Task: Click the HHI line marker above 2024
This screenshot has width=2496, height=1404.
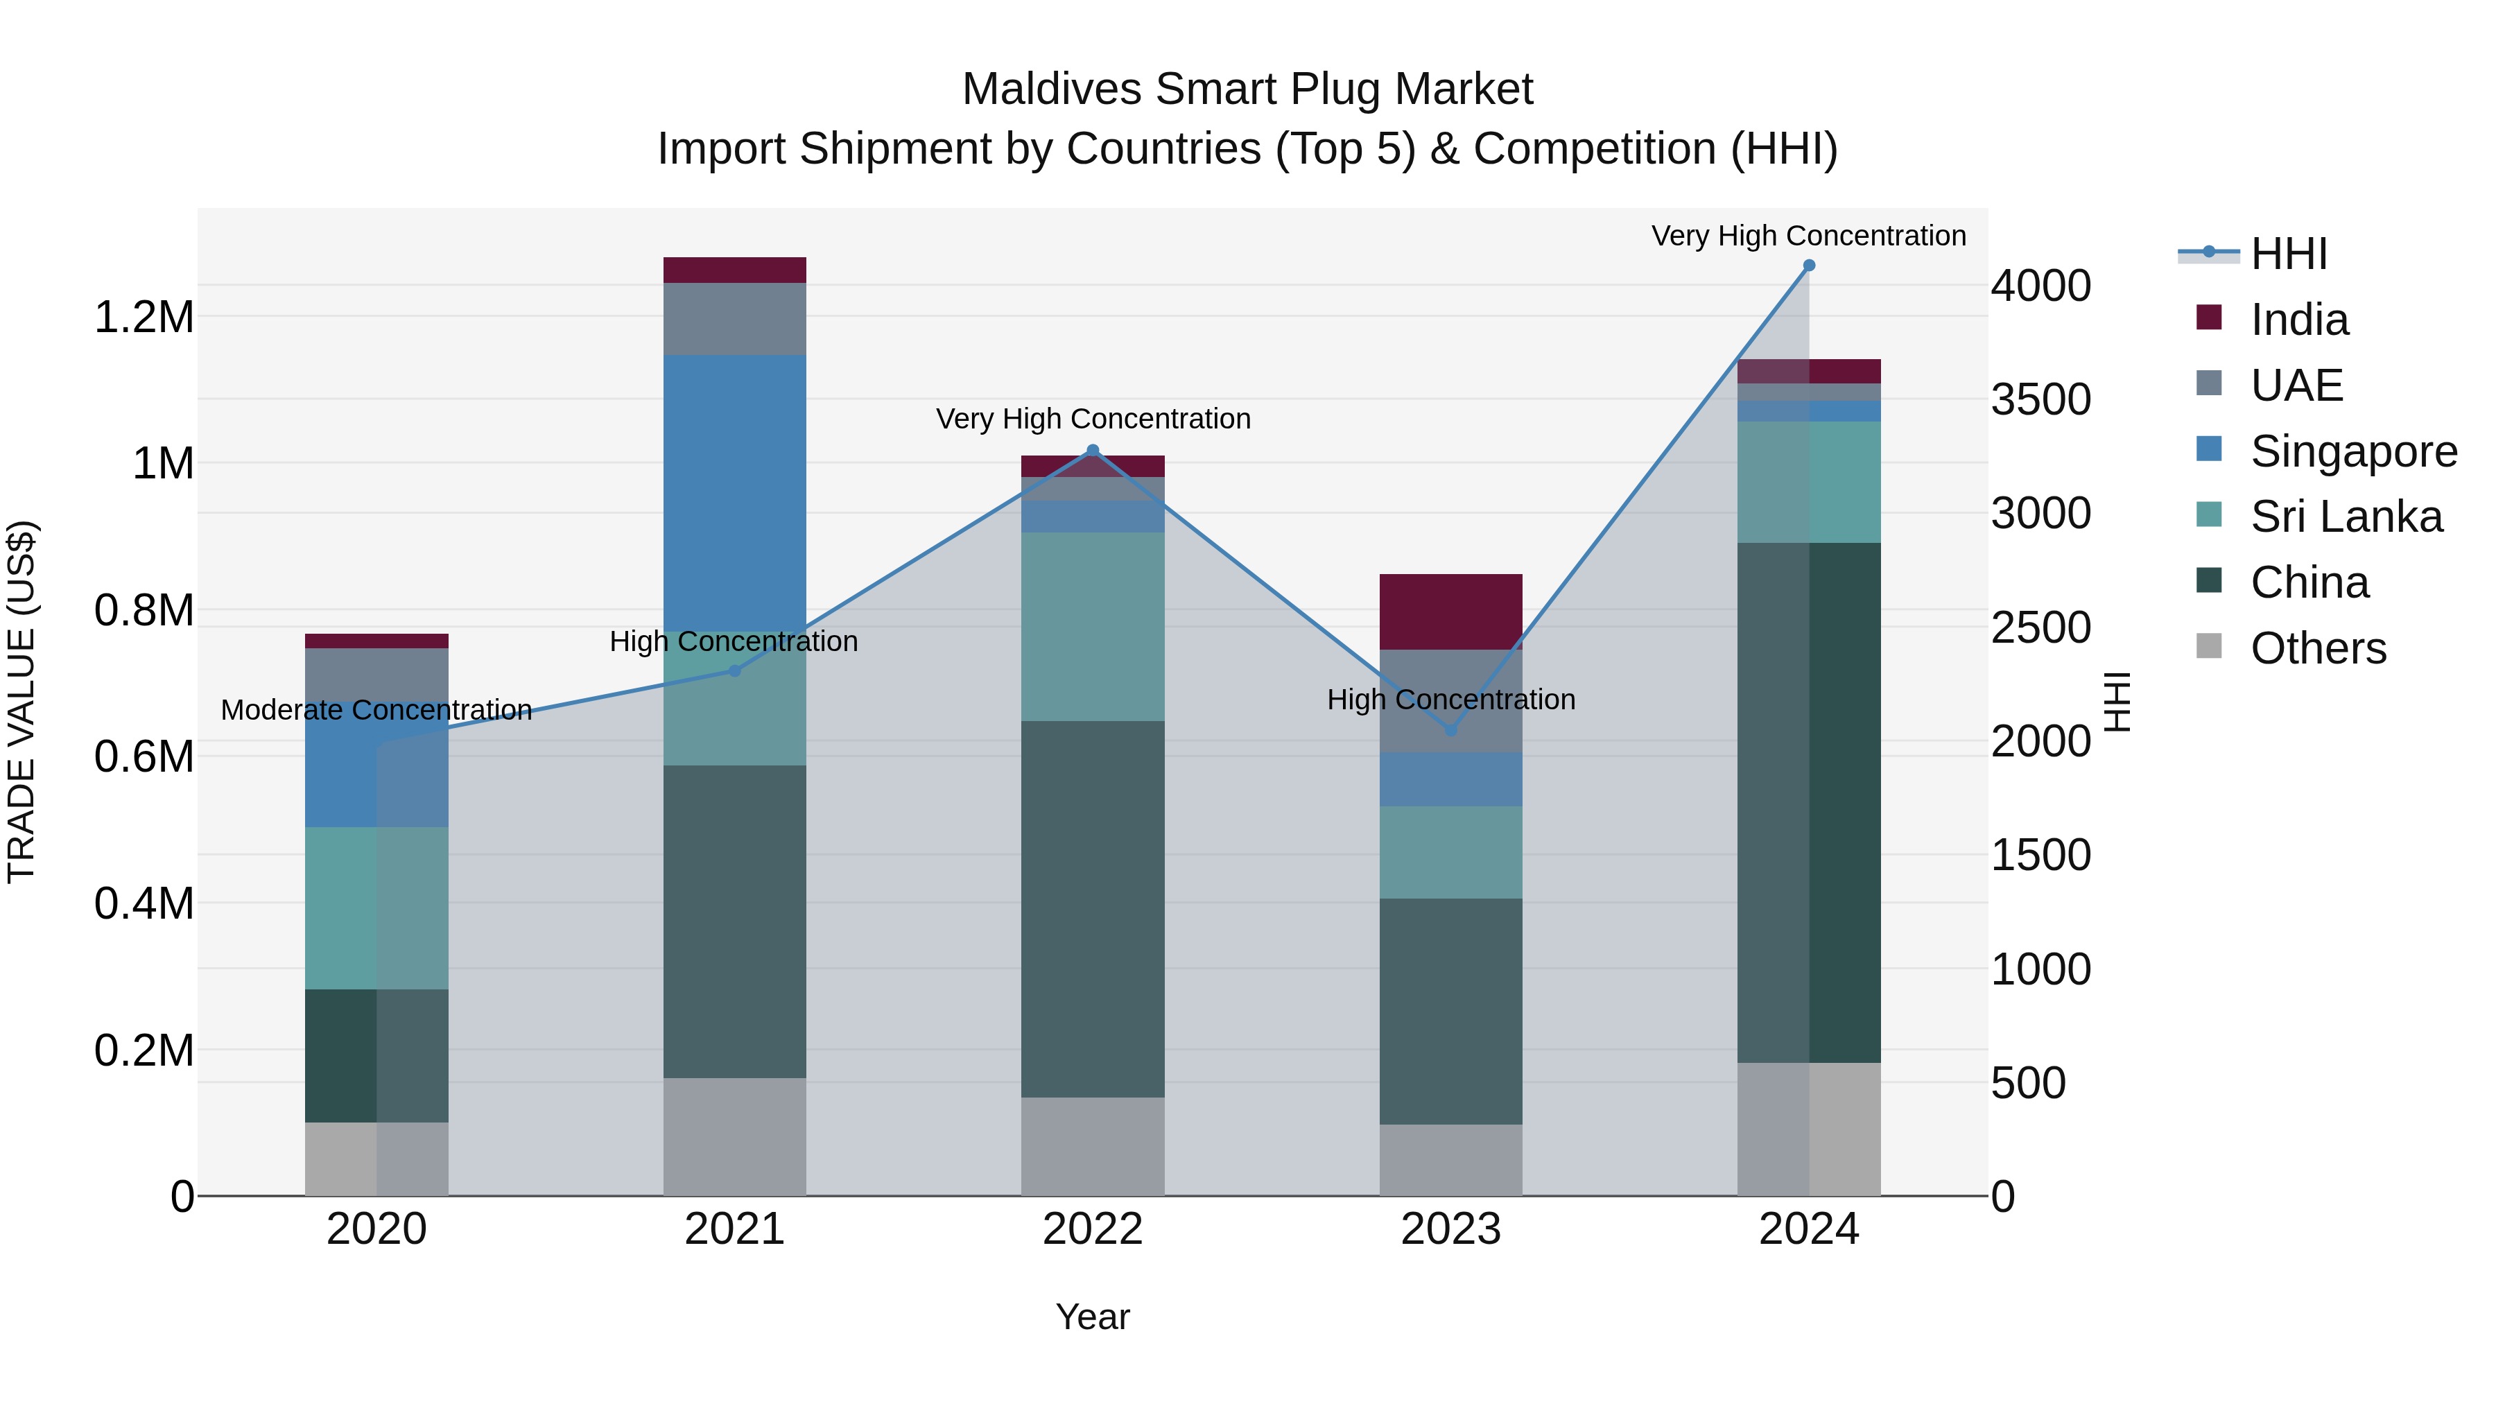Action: (1808, 266)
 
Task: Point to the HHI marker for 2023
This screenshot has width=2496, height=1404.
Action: (1450, 729)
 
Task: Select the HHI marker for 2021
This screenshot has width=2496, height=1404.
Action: (734, 670)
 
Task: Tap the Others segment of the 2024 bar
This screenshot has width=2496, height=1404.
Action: (1808, 1129)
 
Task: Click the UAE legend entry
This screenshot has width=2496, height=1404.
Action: (2296, 385)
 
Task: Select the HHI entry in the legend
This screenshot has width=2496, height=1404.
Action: (2288, 254)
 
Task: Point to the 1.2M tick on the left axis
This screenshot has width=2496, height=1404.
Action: (144, 318)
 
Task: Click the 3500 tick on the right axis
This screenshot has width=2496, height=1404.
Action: (2040, 400)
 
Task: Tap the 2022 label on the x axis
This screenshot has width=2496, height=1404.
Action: (1093, 1229)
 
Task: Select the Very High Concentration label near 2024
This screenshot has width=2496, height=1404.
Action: (1808, 236)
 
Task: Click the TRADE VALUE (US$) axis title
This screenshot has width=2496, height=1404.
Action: (21, 702)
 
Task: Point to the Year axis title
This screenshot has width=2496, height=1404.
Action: (1092, 1317)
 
